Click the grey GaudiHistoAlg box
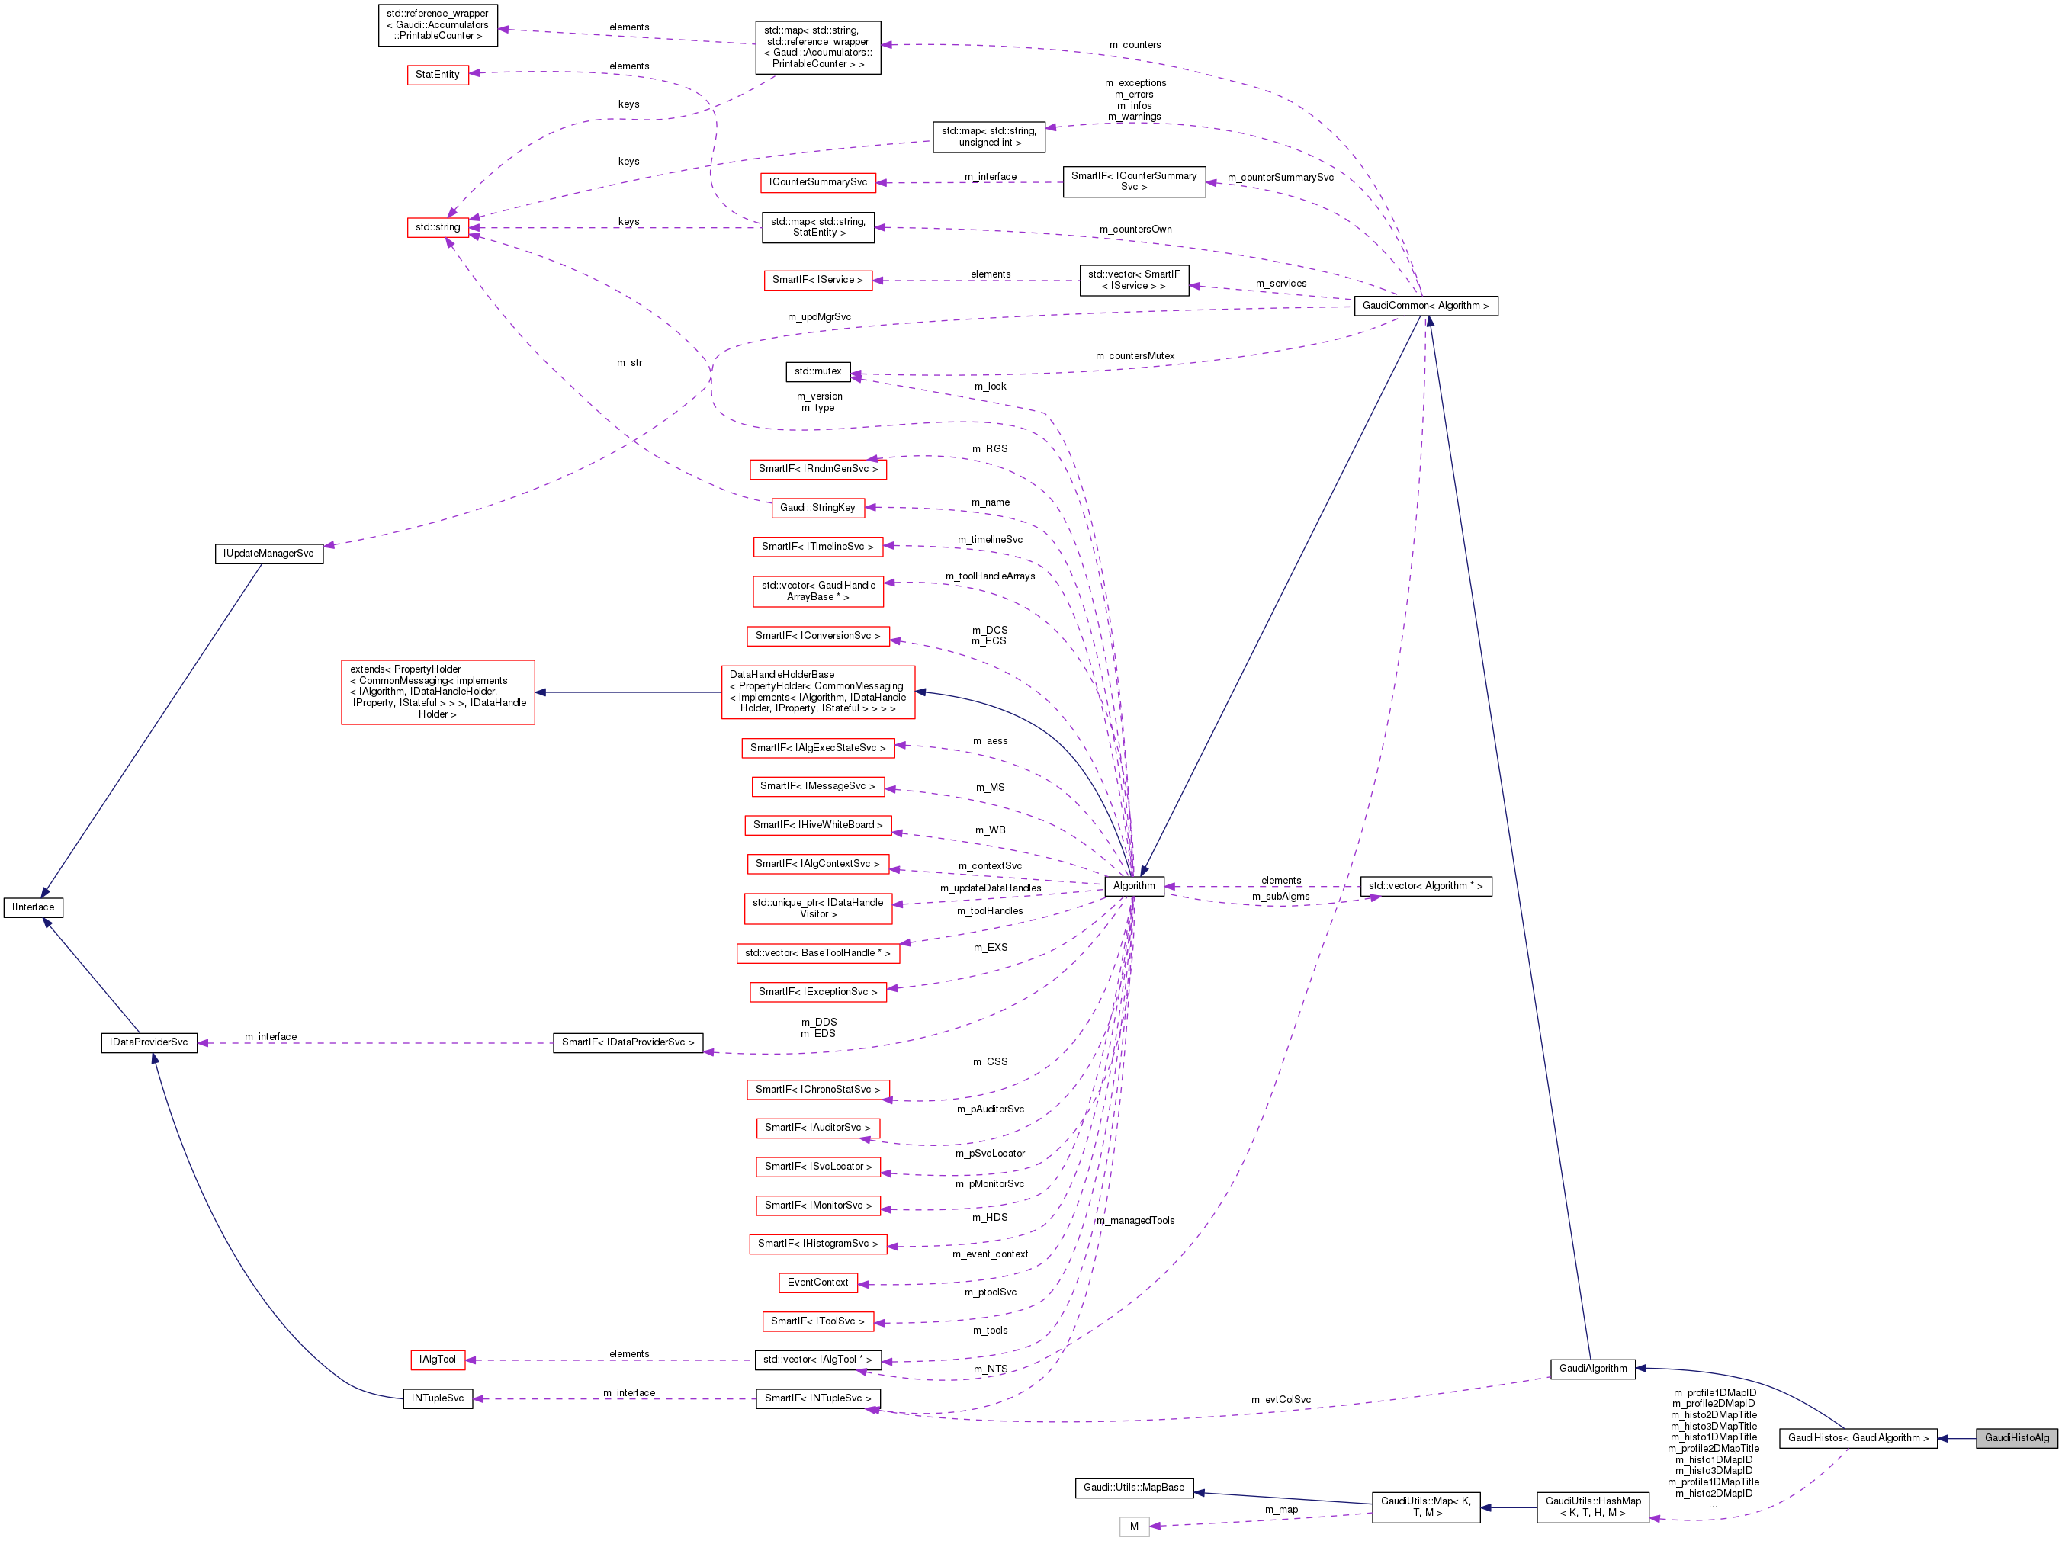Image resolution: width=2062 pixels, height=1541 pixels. (2016, 1437)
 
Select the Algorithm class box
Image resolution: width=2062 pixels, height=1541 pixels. (1133, 885)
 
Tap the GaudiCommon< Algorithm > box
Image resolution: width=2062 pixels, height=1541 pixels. (1425, 306)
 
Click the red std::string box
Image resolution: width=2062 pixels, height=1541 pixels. (437, 227)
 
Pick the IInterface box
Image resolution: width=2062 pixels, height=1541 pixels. (34, 907)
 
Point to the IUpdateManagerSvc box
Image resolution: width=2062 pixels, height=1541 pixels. (268, 554)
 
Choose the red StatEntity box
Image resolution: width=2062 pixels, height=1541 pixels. (437, 75)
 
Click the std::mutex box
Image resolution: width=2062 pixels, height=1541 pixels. (817, 372)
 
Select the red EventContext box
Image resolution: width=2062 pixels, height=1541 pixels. (817, 1283)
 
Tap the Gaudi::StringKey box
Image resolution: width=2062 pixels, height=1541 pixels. (817, 508)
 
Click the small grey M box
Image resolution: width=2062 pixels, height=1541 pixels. (1133, 1526)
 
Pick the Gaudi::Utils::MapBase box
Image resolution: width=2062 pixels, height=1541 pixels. (1133, 1487)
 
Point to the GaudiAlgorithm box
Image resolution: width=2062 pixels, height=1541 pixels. (1592, 1369)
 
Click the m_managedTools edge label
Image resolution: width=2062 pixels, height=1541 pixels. (1135, 1220)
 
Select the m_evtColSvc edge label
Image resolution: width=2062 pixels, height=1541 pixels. (1281, 1399)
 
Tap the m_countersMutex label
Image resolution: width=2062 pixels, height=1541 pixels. (1135, 356)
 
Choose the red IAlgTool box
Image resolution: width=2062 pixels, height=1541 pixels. (437, 1360)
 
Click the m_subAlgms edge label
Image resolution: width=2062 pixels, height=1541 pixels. (1281, 897)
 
